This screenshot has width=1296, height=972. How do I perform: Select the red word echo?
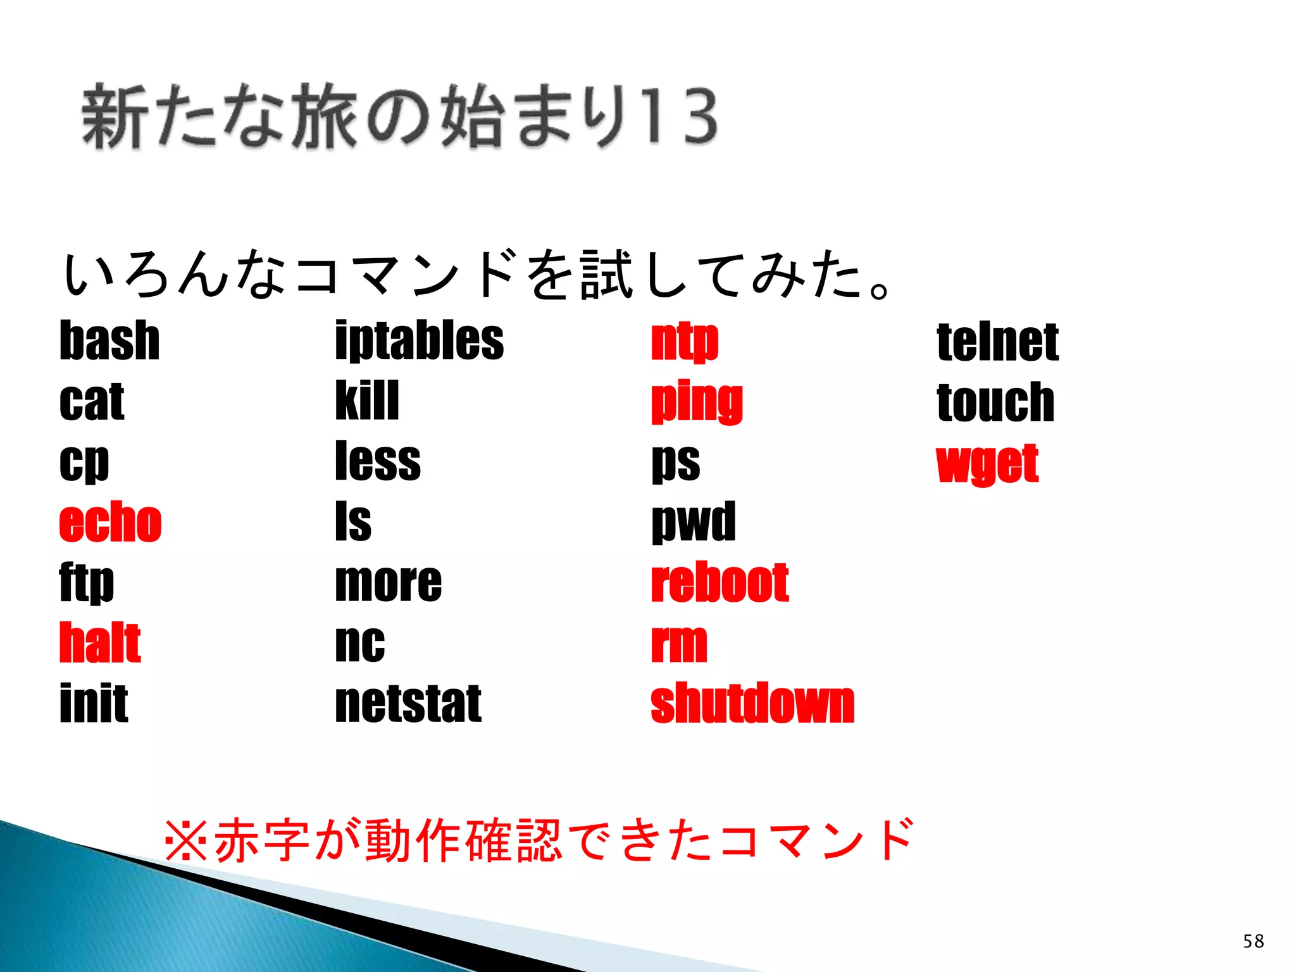[x=110, y=522]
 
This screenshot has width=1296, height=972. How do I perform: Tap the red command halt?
[x=99, y=643]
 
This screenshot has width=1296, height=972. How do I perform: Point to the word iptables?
[x=419, y=342]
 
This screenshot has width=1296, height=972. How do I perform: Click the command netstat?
[x=408, y=704]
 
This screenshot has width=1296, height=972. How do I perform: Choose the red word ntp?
[x=685, y=342]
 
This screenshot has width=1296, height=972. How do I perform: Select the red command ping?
[x=697, y=402]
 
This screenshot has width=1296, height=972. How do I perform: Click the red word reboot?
[x=720, y=582]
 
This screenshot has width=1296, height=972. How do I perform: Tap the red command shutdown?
[x=752, y=704]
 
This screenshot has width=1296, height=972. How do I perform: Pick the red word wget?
[x=987, y=464]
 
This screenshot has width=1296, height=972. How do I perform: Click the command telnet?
[x=997, y=342]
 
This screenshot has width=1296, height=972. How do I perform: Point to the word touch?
[x=995, y=402]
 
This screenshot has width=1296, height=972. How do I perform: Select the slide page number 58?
[x=1253, y=941]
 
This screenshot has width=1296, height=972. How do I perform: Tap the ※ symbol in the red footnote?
[x=185, y=840]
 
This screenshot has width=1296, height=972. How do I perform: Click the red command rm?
[x=679, y=644]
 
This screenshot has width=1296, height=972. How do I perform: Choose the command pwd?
[x=694, y=522]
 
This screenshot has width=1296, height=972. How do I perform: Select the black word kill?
[x=367, y=401]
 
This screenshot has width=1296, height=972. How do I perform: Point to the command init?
[x=94, y=704]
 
